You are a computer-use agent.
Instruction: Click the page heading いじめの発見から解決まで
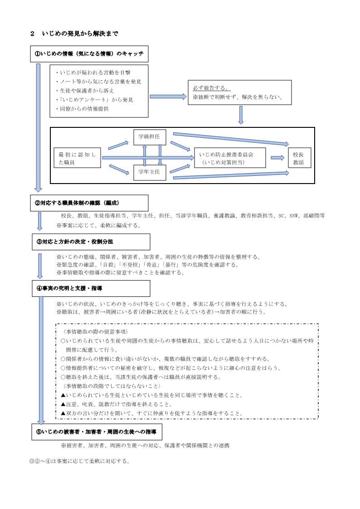pos(80,34)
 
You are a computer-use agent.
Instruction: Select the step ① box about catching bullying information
pos(89,54)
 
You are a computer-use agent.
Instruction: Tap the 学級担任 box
pos(150,136)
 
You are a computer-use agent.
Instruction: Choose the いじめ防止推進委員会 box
pos(229,158)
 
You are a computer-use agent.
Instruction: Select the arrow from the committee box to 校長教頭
pos(277,158)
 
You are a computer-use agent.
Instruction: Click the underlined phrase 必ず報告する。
pos(211,88)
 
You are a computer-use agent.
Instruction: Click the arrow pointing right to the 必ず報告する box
pos(168,96)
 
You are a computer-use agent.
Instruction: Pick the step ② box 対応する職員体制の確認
pos(89,203)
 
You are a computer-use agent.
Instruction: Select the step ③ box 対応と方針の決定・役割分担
pos(90,242)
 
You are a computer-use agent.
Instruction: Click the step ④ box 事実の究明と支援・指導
pos(90,288)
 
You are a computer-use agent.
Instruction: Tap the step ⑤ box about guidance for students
pos(96,432)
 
